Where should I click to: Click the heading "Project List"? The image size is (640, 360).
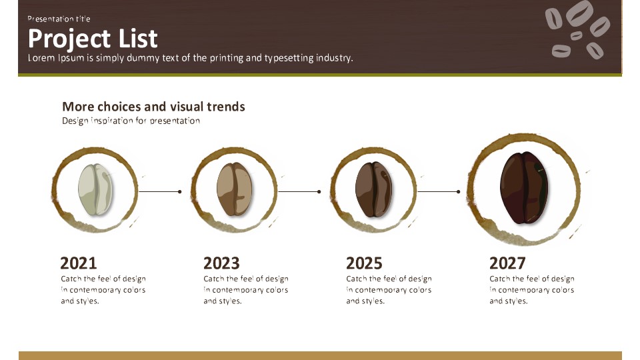pyautogui.click(x=93, y=39)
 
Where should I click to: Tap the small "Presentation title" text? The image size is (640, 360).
pyautogui.click(x=59, y=19)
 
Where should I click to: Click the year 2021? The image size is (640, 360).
pyautogui.click(x=79, y=263)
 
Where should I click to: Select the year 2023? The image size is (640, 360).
pyautogui.click(x=221, y=263)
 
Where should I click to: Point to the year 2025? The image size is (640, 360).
pyautogui.click(x=364, y=263)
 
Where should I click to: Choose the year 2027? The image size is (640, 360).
pyautogui.click(x=507, y=263)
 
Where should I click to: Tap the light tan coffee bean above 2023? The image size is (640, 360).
pyautogui.click(x=234, y=189)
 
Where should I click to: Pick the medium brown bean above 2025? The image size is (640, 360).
pyautogui.click(x=373, y=189)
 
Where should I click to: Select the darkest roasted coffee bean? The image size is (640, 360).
pyautogui.click(x=524, y=187)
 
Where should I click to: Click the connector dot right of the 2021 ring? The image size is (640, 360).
pyautogui.click(x=179, y=191)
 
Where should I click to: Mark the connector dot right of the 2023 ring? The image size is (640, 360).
pyautogui.click(x=319, y=191)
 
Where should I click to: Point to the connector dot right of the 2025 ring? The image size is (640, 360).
pyautogui.click(x=459, y=191)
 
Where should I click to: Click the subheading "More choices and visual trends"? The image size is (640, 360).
pyautogui.click(x=153, y=107)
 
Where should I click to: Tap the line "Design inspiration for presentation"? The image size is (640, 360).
pyautogui.click(x=131, y=121)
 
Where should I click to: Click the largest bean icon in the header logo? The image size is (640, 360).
pyautogui.click(x=579, y=13)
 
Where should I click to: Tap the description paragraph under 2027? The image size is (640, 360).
pyautogui.click(x=532, y=290)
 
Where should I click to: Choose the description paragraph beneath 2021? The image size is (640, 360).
pyautogui.click(x=103, y=290)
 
